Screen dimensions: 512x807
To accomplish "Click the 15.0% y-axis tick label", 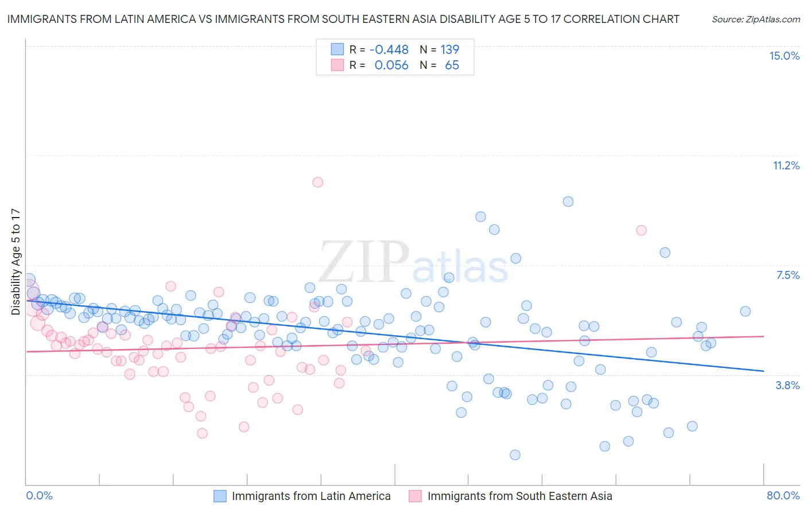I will pos(784,56).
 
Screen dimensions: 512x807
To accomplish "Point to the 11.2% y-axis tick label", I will pos(786,166).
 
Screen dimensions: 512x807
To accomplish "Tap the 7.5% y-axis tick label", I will pos(787,276).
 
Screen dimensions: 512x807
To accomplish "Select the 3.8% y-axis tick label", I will pos(787,386).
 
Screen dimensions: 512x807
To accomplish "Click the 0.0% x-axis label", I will pos(40,495).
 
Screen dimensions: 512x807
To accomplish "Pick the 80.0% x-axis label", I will pos(783,495).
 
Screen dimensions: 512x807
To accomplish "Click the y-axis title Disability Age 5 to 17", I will pos(16,262).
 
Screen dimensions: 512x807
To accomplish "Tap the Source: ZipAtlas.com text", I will pos(755,20).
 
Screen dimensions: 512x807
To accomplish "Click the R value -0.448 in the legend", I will pos(389,50).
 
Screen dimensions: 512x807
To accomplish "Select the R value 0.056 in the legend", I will pos(391,65).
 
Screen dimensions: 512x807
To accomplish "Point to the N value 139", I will pos(449,50).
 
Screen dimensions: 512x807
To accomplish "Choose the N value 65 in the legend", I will pos(452,65).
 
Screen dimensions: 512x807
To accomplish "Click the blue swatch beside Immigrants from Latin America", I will pos(220,496).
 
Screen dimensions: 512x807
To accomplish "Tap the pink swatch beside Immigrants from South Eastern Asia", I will pos(415,496).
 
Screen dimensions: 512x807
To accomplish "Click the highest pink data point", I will pos(317,183).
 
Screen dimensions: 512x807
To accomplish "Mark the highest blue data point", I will pos(568,201).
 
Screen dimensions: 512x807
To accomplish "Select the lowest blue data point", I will pos(515,455).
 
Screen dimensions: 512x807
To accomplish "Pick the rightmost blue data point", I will pos(745,312).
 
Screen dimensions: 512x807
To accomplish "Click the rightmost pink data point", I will pos(641,230).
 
